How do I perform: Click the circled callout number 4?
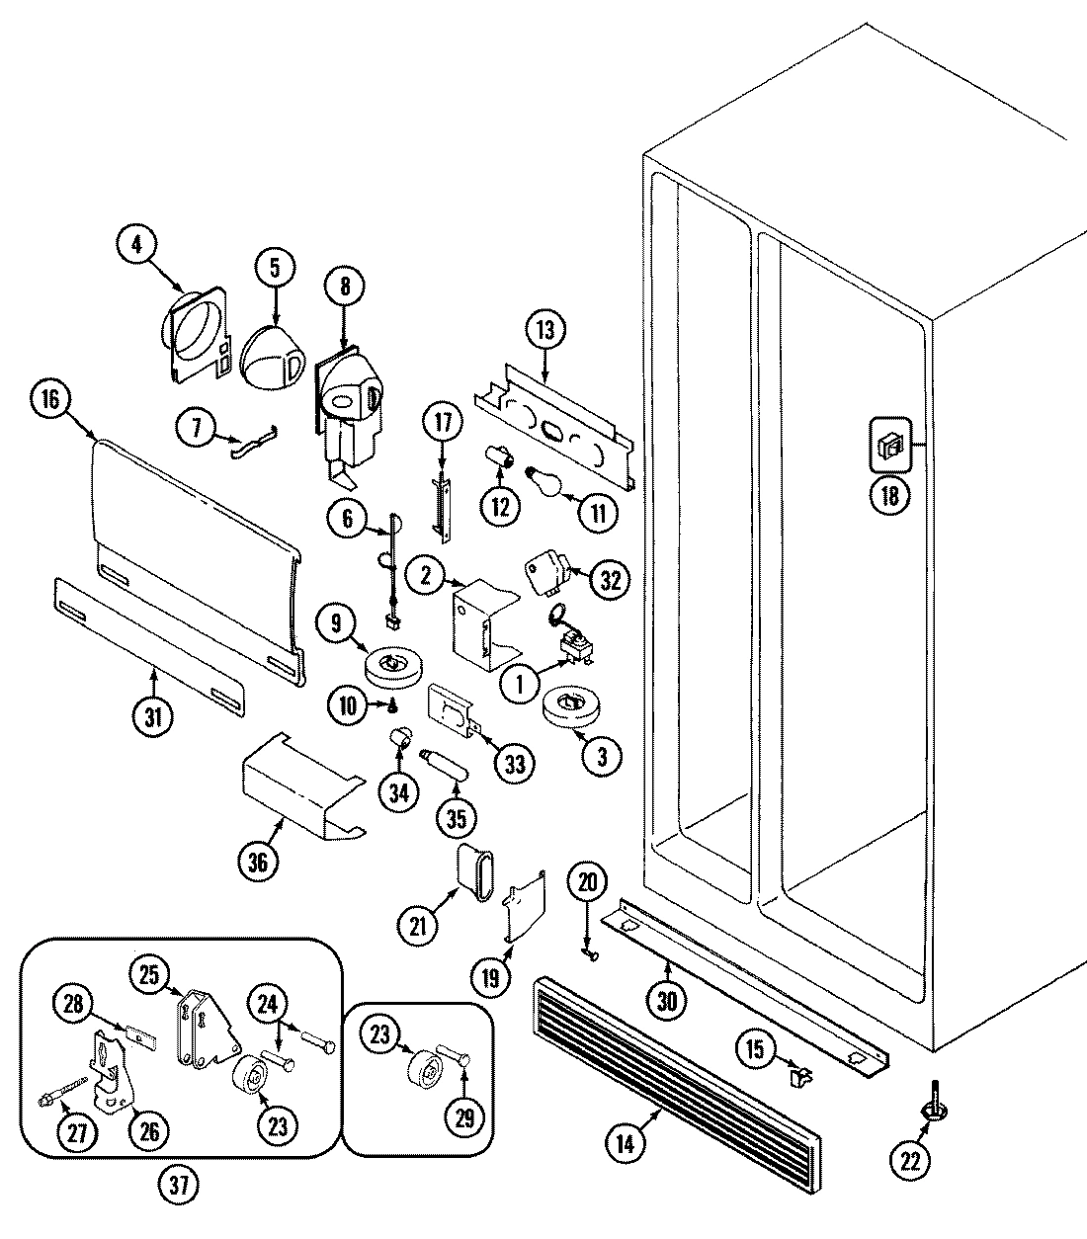point(137,245)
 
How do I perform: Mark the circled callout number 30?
point(668,1000)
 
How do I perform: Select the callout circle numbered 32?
point(609,580)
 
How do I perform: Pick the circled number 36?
point(259,862)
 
